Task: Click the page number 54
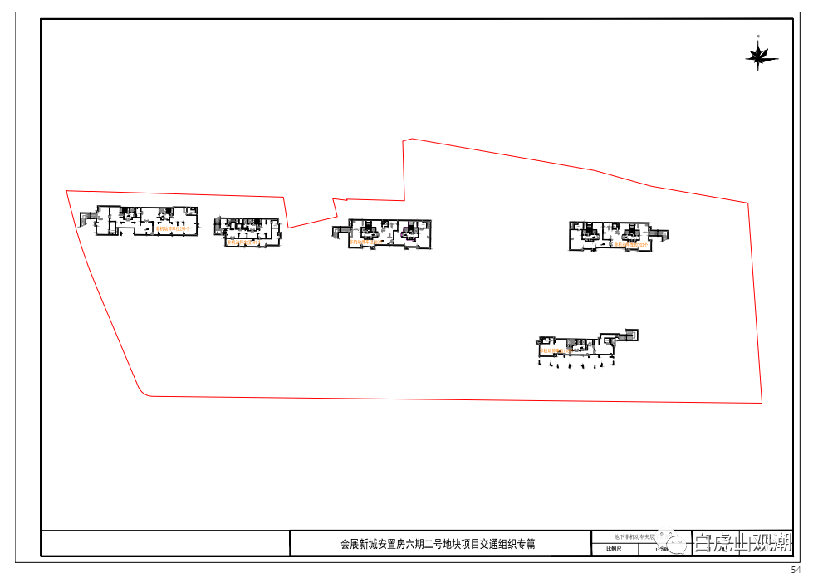pyautogui.click(x=796, y=570)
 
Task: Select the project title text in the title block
pyautogui.click(x=438, y=544)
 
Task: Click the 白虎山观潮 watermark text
pyautogui.click(x=743, y=543)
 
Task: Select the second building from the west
pyautogui.click(x=251, y=231)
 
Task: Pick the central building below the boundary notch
pyautogui.click(x=389, y=234)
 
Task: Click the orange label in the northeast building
pyautogui.click(x=630, y=245)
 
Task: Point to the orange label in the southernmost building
pyautogui.click(x=558, y=351)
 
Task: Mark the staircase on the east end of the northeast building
pyautogui.click(x=660, y=235)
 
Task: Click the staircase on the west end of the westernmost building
pyautogui.click(x=86, y=218)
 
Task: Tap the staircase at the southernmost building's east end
pyautogui.click(x=629, y=335)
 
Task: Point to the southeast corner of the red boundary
pyautogui.click(x=762, y=402)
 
